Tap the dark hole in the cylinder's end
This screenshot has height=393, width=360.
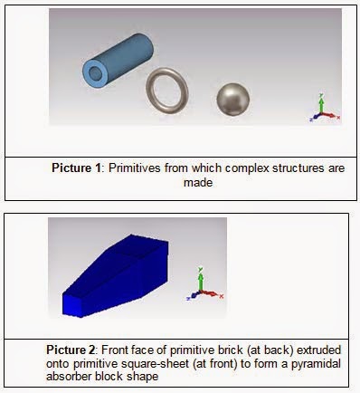click(96, 72)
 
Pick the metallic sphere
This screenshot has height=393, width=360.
click(233, 100)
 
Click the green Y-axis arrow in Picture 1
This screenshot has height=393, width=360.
click(322, 104)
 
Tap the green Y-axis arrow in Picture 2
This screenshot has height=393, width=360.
click(200, 279)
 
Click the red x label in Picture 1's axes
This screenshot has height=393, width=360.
click(338, 117)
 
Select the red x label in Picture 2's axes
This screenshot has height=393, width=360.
click(222, 297)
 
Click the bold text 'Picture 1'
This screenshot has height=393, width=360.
click(76, 168)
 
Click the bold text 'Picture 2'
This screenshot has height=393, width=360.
click(71, 350)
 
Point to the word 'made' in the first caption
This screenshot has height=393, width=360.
click(198, 183)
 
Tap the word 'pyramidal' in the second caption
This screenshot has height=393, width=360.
click(316, 364)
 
